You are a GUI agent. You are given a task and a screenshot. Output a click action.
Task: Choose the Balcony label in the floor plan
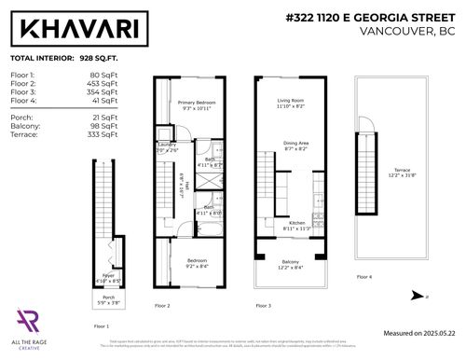pos(291,264)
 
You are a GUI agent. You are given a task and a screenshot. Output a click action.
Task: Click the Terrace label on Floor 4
pos(401,172)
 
